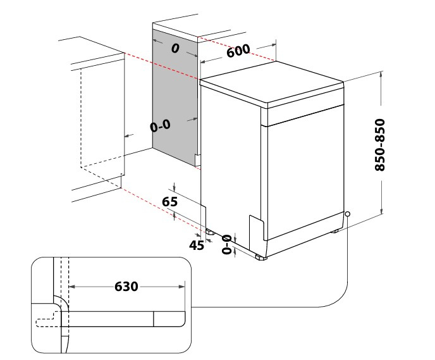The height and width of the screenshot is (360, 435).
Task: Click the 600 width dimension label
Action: point(238,51)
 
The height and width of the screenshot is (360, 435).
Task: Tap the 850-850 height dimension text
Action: point(380,145)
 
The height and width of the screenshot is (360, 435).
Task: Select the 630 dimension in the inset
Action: point(126,287)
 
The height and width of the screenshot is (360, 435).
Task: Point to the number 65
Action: point(169,202)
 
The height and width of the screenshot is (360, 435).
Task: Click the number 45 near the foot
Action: point(197,245)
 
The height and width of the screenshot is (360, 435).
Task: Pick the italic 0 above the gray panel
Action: point(175,48)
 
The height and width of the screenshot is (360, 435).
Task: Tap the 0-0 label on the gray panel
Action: point(160,126)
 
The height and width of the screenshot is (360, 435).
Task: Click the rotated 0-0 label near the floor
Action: point(226,244)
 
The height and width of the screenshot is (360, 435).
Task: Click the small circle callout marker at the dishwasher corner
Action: point(347,214)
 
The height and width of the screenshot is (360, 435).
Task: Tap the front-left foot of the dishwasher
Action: point(261,258)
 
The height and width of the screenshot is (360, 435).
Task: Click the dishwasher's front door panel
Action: point(305,172)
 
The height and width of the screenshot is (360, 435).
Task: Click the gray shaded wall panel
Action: point(175,97)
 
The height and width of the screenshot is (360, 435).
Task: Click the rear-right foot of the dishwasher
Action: point(335,231)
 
